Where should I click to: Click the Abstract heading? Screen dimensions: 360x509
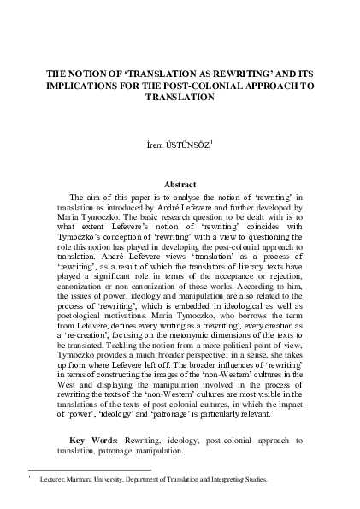(180, 185)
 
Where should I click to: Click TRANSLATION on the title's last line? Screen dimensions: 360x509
(180, 98)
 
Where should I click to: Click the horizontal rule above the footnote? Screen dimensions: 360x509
(90, 470)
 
